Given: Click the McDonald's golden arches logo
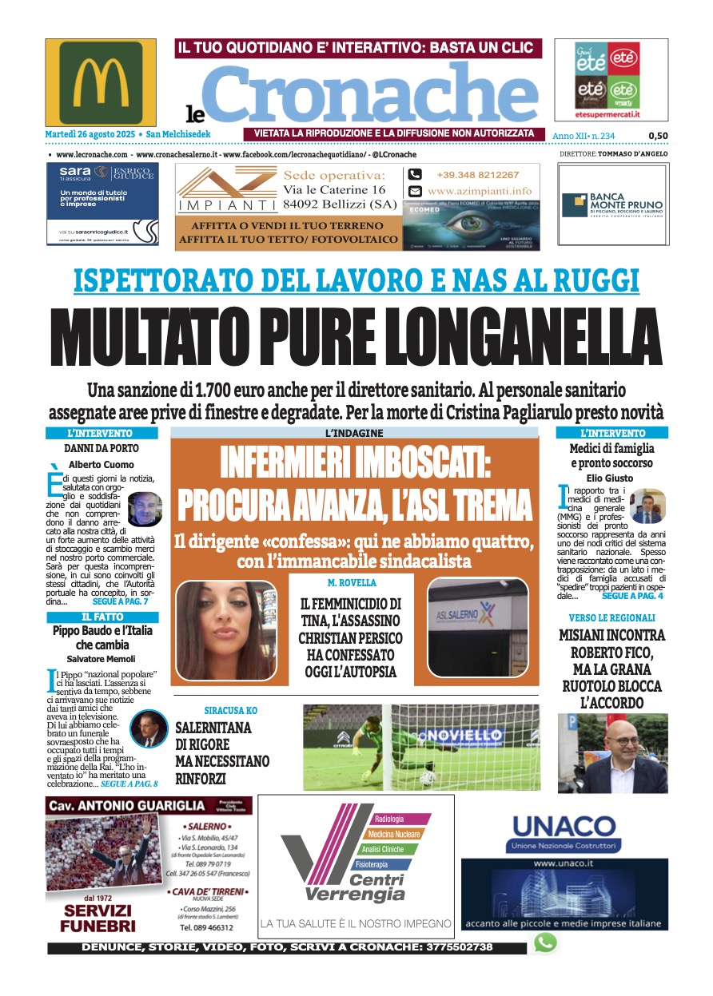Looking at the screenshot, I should tap(101, 81).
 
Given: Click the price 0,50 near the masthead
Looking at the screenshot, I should tap(658, 136).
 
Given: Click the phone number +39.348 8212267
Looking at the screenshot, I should tap(477, 175).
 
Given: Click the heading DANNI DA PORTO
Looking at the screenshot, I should tap(102, 449).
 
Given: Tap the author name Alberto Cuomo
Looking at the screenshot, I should tap(102, 464).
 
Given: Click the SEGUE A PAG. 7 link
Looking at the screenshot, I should tap(121, 601).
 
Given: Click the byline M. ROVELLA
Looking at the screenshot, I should tap(352, 583).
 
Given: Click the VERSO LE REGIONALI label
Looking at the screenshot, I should tap(612, 618).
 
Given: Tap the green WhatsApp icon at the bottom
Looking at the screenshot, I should tap(545, 943).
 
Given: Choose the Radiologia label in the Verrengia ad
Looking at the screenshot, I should tap(389, 819).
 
